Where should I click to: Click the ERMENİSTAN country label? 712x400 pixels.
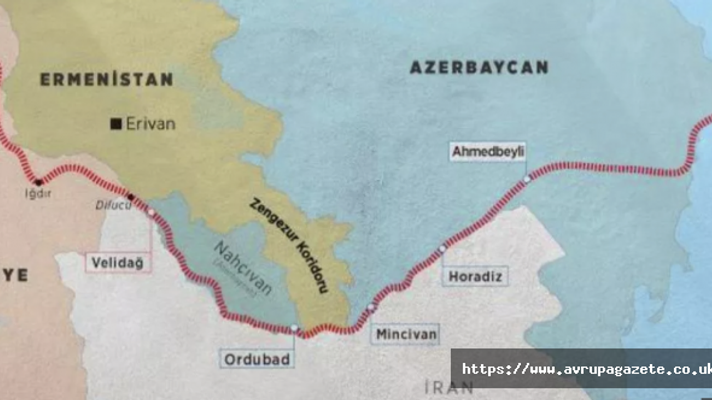106,79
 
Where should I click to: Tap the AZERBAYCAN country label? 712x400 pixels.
479,68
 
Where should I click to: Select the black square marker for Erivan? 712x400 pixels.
116,124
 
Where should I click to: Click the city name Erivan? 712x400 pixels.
150,123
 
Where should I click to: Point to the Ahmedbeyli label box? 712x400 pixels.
488,152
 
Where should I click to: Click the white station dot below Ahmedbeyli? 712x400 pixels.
527,179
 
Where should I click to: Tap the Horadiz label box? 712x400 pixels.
475,276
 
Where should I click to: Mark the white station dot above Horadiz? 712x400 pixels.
442,248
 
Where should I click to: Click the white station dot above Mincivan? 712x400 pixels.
371,307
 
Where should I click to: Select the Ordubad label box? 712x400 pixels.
257,359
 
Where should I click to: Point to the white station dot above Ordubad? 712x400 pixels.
294,328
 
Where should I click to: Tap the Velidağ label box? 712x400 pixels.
117,263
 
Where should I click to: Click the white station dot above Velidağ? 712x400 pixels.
151,212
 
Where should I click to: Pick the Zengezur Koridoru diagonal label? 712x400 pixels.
289,245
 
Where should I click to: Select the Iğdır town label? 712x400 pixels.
38,194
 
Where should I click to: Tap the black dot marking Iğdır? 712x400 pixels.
38,182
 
